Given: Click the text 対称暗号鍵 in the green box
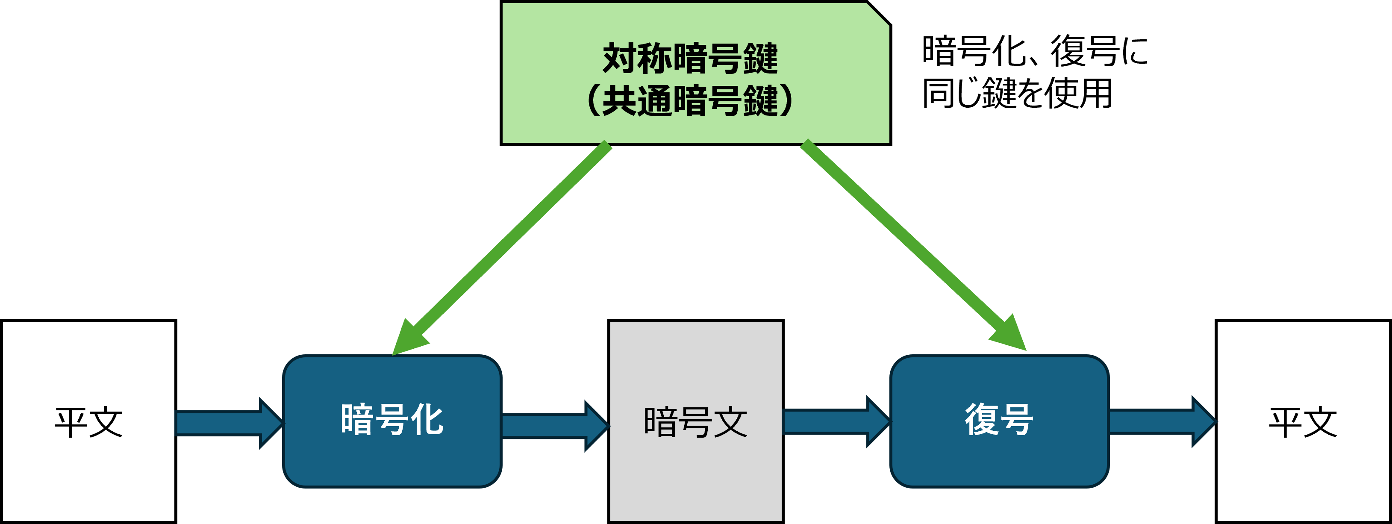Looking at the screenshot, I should pos(690,59).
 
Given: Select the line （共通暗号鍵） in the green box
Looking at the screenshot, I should pos(690,100).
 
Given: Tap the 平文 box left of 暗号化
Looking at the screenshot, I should pos(88,421).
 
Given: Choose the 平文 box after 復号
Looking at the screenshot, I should pos(1303,421).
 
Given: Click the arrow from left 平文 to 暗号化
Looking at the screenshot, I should pos(227,423).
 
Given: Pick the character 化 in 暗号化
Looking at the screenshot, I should pos(427,420).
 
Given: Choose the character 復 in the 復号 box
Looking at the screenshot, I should pos(981,420).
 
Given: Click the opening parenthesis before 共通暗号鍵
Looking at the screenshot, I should pos(593,100).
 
